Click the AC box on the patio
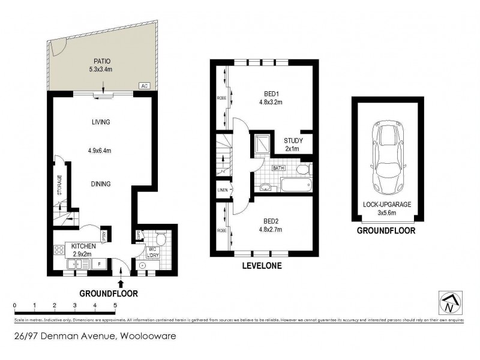pyautogui.click(x=144, y=86)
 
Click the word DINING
pyautogui.click(x=101, y=184)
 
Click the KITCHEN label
pyautogui.click(x=84, y=246)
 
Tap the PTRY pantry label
pyautogui.click(x=104, y=235)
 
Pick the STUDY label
pyautogui.click(x=293, y=141)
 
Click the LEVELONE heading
pyautogui.click(x=261, y=265)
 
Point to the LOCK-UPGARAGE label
pyautogui.click(x=387, y=205)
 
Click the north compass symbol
pyautogui.click(x=448, y=304)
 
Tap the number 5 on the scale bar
pyautogui.click(x=115, y=305)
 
